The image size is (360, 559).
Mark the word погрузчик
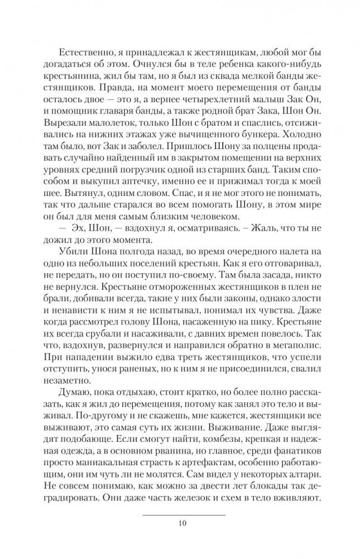coord(190,187)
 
